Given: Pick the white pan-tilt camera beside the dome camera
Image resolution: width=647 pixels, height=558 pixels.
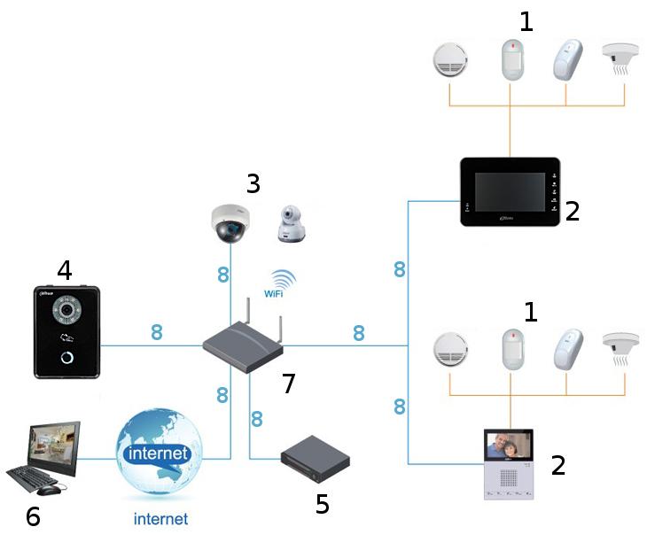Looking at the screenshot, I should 291,225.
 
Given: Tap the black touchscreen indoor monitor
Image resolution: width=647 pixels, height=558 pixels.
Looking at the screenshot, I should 511,192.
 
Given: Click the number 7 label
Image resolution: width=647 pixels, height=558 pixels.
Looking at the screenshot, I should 288,384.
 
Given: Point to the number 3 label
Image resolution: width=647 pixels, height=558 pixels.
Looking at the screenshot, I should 253,184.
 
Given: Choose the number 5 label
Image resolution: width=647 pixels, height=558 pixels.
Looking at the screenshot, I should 323,504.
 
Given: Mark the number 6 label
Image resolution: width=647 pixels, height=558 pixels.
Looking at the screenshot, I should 33,516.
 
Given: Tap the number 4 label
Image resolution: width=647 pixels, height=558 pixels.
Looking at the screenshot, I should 64,269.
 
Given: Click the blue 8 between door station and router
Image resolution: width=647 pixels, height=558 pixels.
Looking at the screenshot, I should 157,333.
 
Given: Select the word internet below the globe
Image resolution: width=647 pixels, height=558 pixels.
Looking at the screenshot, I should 160,519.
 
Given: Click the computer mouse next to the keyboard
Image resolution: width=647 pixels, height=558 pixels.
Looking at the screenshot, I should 50,489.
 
